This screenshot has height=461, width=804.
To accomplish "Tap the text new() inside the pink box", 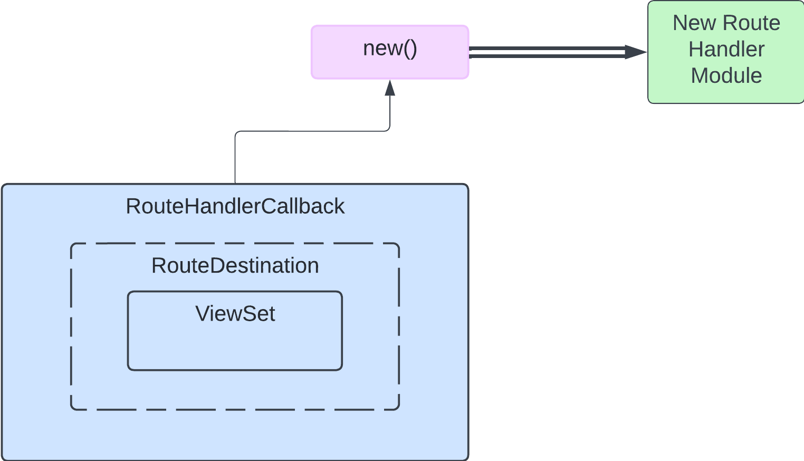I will [390, 49].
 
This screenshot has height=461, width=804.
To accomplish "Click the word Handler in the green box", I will [726, 50].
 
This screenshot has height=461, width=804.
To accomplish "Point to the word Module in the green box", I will [726, 76].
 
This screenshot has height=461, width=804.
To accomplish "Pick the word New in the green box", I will [694, 23].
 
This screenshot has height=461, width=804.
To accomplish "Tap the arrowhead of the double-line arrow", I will [636, 52].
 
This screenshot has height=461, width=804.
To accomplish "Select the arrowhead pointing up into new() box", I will [390, 88].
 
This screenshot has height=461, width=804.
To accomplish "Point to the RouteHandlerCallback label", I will [235, 206].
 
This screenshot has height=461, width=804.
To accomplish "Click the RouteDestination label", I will [235, 266].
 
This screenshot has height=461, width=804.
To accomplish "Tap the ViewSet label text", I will [235, 314].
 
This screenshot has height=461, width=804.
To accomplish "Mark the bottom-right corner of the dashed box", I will [398, 409].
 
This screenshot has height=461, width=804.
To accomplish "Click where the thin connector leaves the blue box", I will [235, 183].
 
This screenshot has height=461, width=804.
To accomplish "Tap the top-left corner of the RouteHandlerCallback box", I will [3, 186].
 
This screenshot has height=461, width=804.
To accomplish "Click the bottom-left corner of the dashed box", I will [72, 409].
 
